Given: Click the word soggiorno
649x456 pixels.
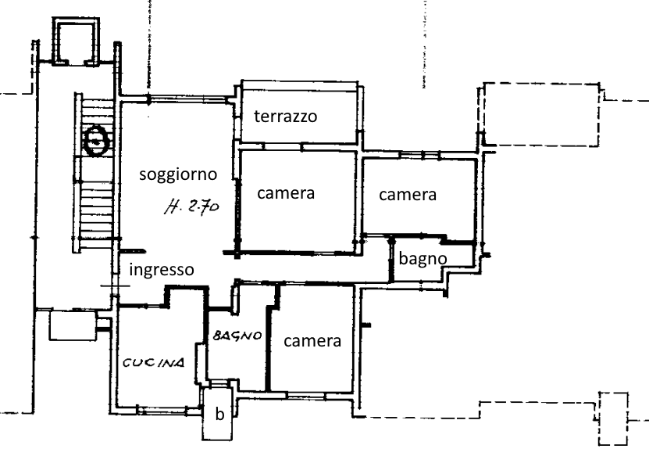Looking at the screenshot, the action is (178, 174).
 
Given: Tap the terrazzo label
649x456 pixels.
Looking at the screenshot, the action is (286, 117).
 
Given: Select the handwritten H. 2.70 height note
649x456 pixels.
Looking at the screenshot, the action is (191, 206).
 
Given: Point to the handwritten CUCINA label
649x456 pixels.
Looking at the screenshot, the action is (154, 363).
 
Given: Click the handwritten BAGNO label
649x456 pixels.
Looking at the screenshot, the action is (237, 336).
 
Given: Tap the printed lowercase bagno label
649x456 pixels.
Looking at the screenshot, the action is (423, 259).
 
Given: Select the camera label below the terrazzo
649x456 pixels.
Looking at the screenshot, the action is (286, 193).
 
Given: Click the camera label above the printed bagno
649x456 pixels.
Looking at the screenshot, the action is (407, 195).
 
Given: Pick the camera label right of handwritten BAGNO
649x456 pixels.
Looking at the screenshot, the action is (312, 341).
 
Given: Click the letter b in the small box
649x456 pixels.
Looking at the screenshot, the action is (219, 414).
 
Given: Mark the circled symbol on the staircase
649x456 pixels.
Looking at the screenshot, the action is (96, 140).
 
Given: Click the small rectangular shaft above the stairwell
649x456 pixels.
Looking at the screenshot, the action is (76, 41).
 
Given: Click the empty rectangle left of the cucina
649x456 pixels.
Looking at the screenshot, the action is (73, 326).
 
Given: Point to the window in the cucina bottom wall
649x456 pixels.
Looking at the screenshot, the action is (162, 410).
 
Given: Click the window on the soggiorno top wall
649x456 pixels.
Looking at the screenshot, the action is (188, 99).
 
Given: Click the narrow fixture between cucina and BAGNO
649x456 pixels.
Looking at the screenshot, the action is (201, 364).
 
